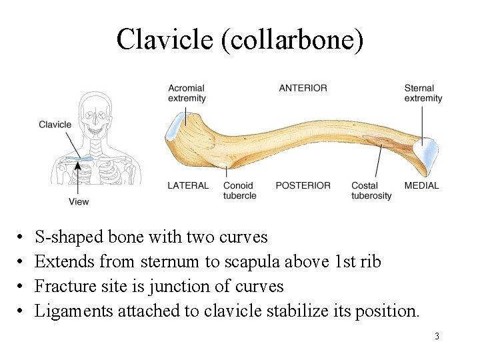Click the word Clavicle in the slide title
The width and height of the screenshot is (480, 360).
coord(162,39)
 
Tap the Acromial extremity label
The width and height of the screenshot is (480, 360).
coord(187,93)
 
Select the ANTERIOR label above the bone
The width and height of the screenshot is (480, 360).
coord(303,88)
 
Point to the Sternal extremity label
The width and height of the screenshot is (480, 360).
coord(423,93)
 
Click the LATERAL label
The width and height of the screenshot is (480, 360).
coord(188,185)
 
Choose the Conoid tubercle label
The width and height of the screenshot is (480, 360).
coord(239,191)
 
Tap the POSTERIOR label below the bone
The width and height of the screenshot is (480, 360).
coord(303,185)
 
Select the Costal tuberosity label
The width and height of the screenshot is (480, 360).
coord(371,191)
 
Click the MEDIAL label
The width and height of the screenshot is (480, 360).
coord(421,185)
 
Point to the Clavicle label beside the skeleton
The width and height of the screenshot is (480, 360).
coord(55,125)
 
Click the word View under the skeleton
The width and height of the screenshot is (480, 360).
coord(78,201)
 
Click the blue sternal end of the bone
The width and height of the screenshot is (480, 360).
coord(428,153)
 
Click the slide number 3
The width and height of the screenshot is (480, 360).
coord(437,336)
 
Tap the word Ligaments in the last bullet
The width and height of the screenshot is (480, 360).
coord(74,311)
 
